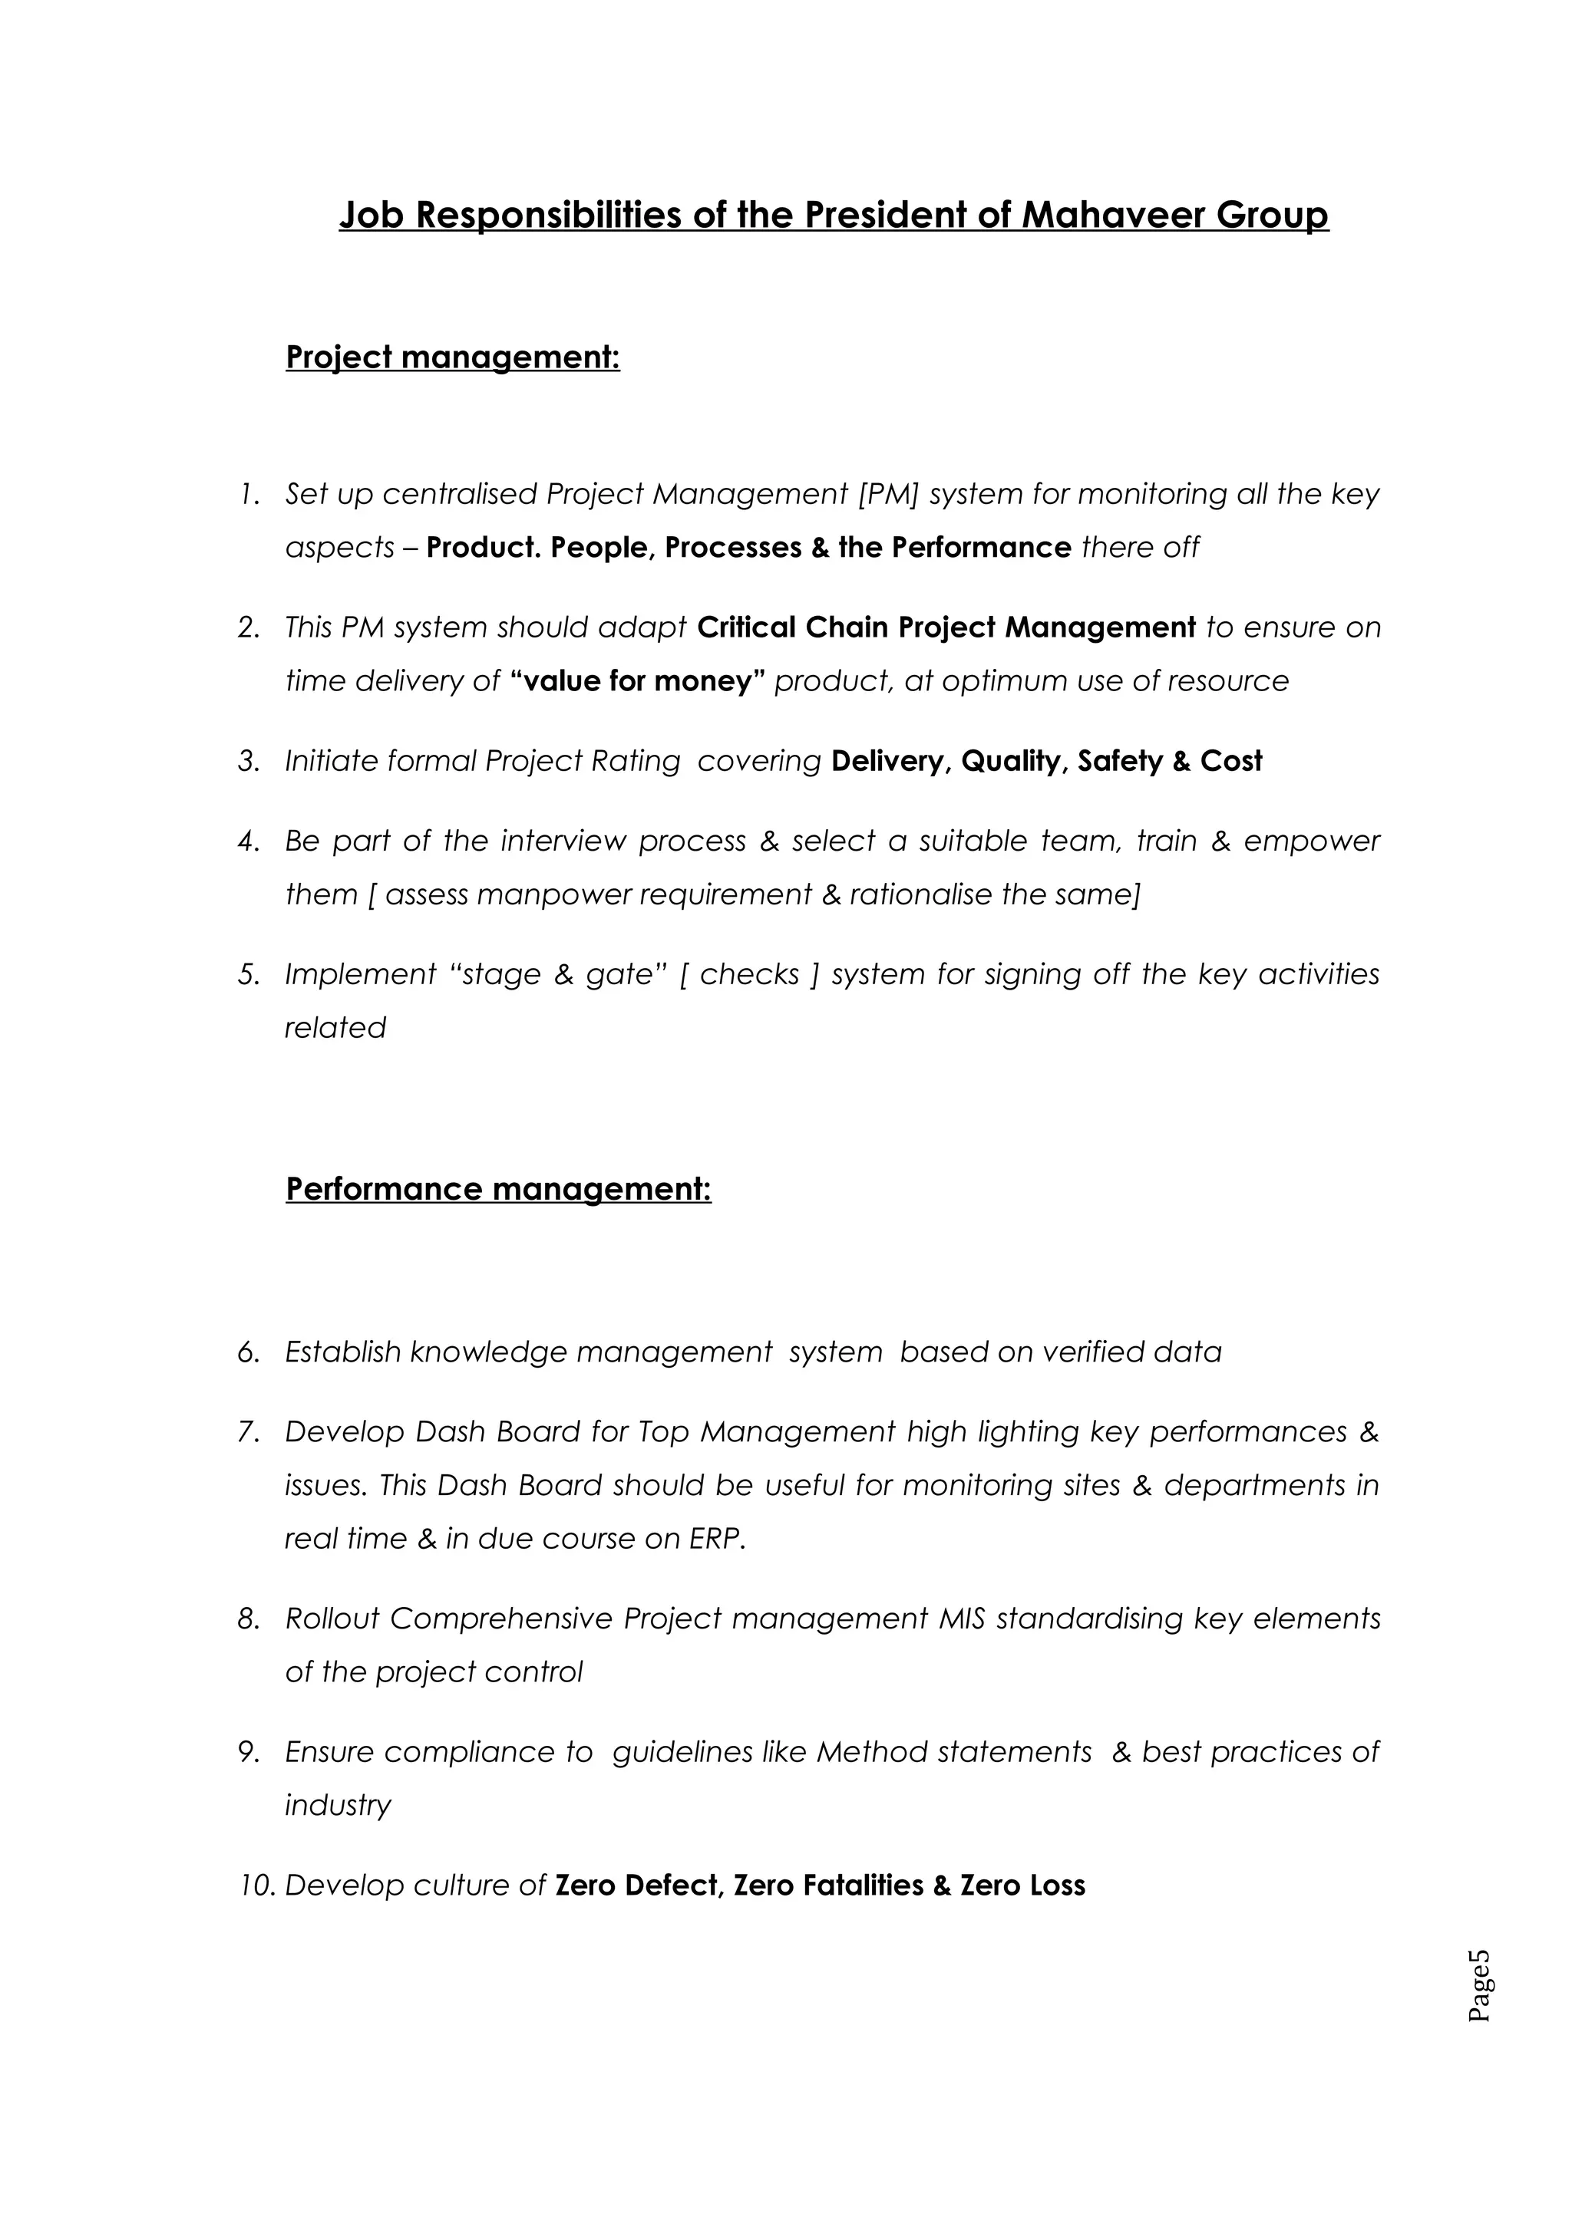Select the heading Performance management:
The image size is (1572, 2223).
pos(498,1189)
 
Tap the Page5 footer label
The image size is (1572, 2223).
pos(1480,1986)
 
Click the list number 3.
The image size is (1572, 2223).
pos(248,761)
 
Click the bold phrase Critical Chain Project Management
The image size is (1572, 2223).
pos(946,627)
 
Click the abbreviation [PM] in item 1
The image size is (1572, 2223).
pos(888,494)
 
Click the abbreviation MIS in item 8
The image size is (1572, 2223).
pos(962,1618)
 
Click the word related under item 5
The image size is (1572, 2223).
pos(335,1027)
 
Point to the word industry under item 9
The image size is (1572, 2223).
pos(337,1805)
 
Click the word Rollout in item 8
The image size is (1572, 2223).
pos(332,1618)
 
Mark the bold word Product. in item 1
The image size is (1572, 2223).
pos(484,547)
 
